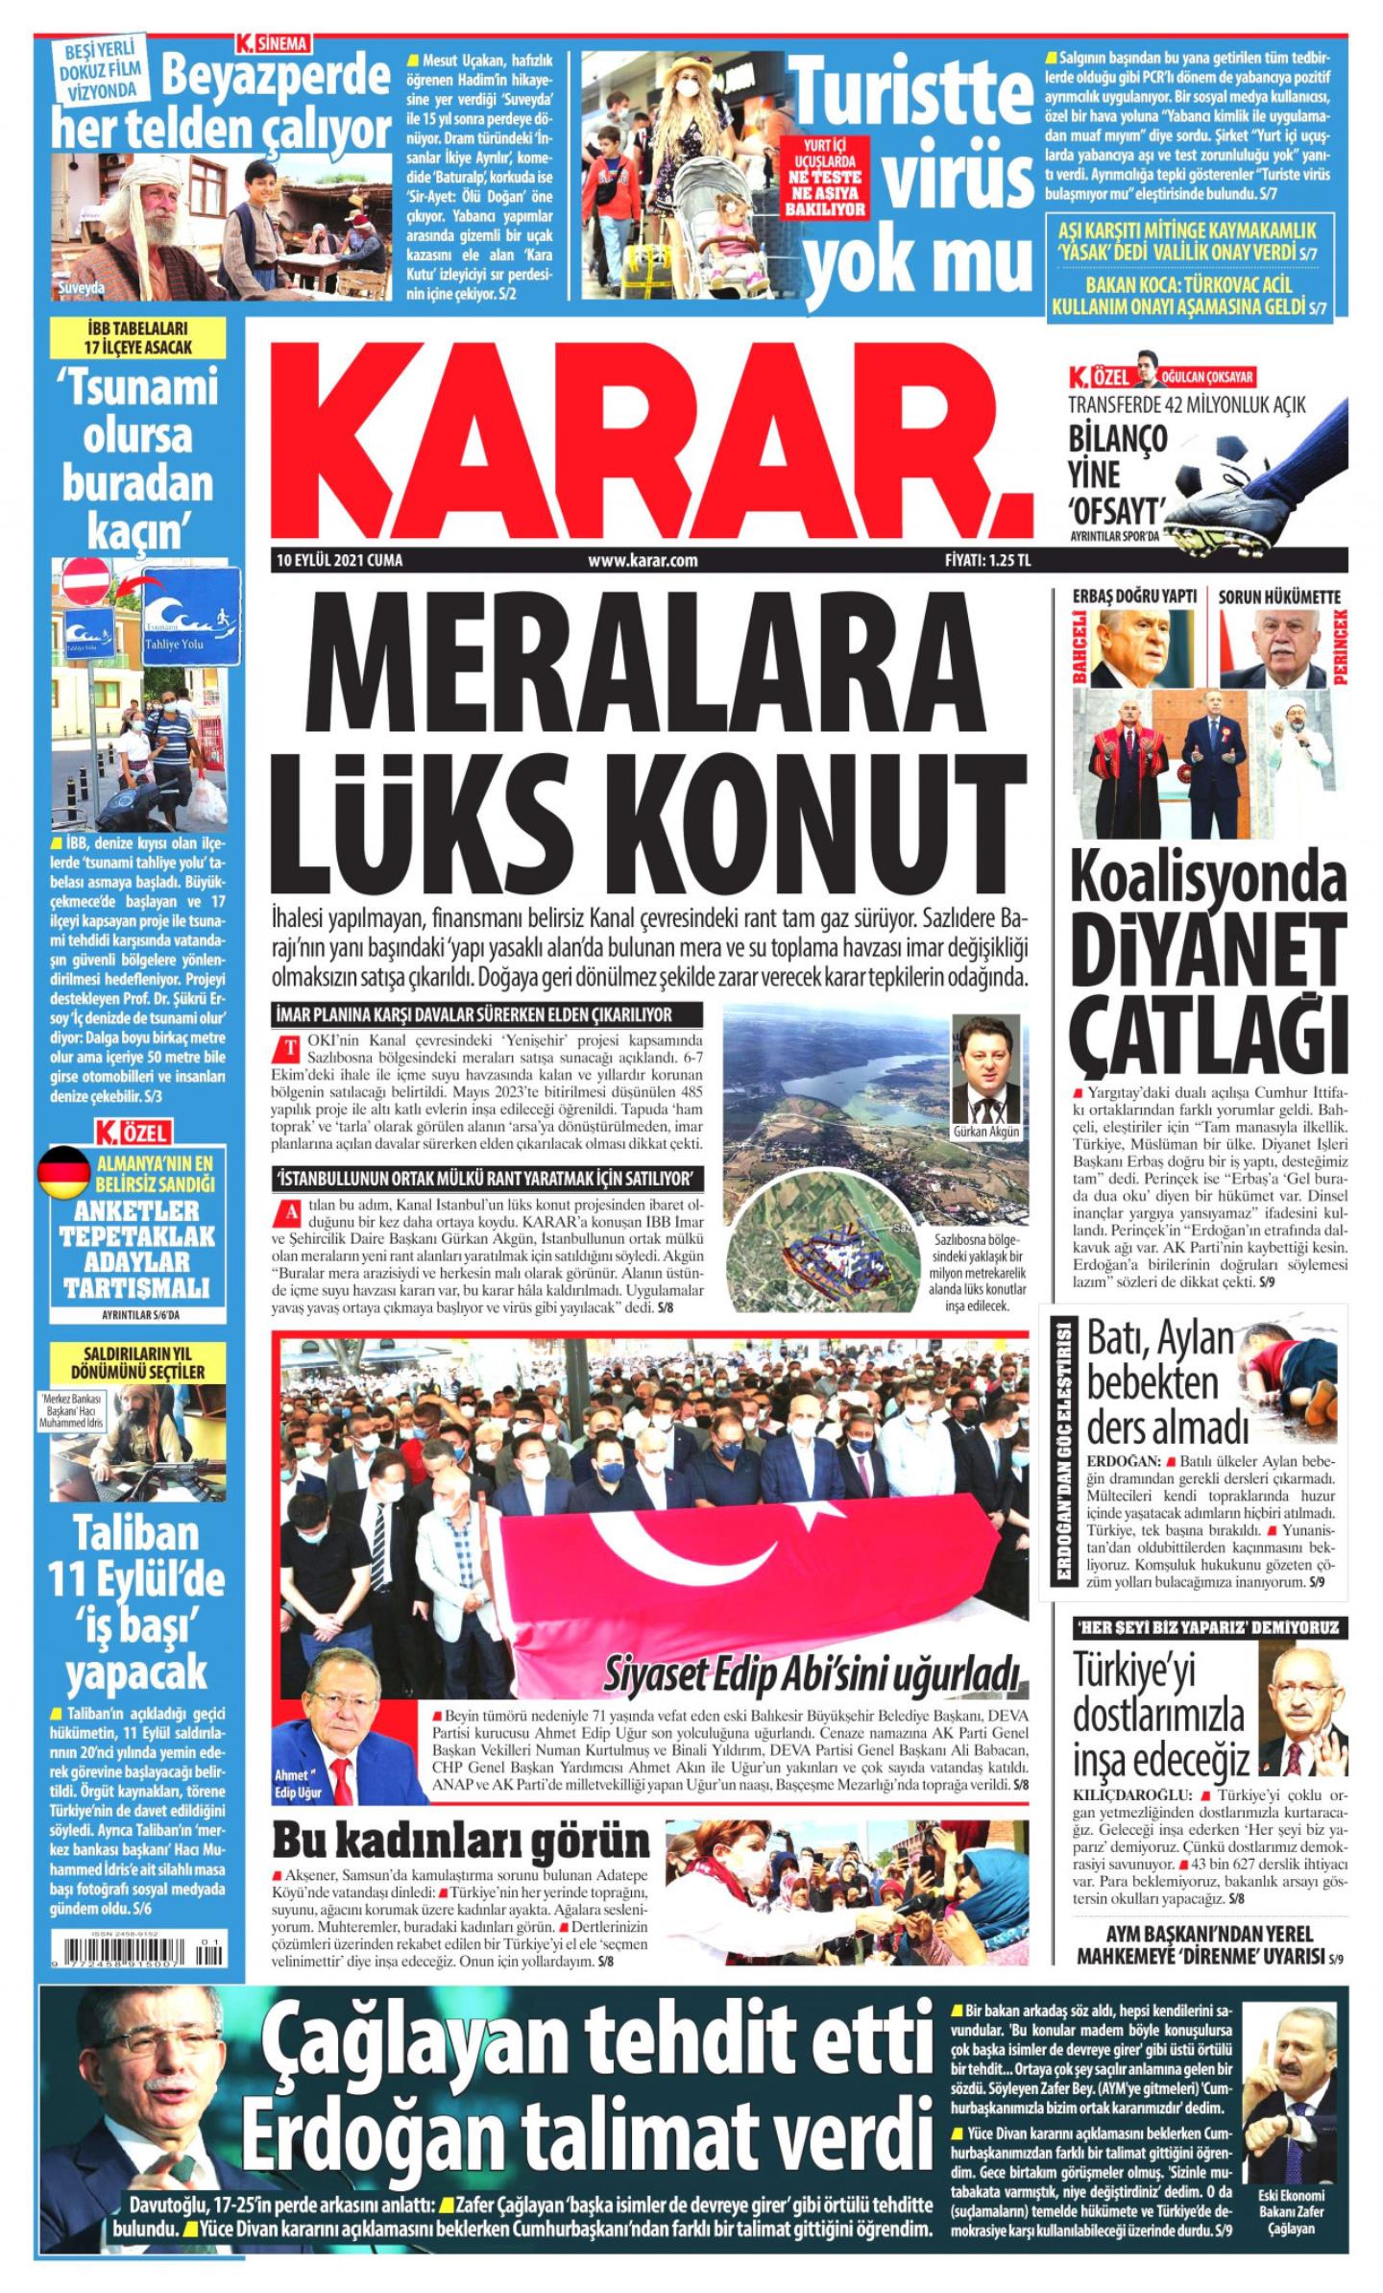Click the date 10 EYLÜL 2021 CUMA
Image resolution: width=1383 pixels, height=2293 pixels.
click(338, 561)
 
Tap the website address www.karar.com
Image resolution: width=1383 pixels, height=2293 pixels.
click(643, 561)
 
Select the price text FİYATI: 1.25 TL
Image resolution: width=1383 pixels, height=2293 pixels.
click(986, 561)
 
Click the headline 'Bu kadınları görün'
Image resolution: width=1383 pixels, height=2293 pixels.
click(461, 1840)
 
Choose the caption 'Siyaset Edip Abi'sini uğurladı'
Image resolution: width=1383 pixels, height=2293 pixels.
click(810, 1673)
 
